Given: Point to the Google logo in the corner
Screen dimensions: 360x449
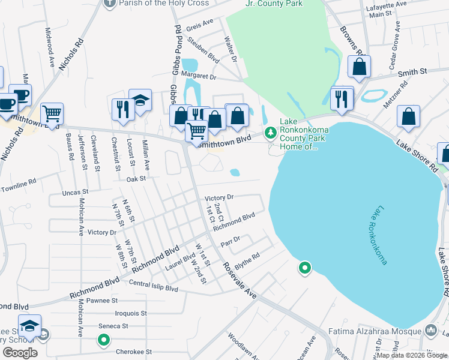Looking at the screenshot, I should pyautogui.click(x=20, y=352).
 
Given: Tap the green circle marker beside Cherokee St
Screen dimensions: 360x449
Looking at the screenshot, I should pyautogui.click(x=103, y=341).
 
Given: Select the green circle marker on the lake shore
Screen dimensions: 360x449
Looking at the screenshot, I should pyautogui.click(x=305, y=268).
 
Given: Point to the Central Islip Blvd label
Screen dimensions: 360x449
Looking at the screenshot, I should pyautogui.click(x=154, y=289).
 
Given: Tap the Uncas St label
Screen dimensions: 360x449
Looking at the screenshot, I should pyautogui.click(x=76, y=193).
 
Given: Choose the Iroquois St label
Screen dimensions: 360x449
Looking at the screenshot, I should pyautogui.click(x=127, y=313).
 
